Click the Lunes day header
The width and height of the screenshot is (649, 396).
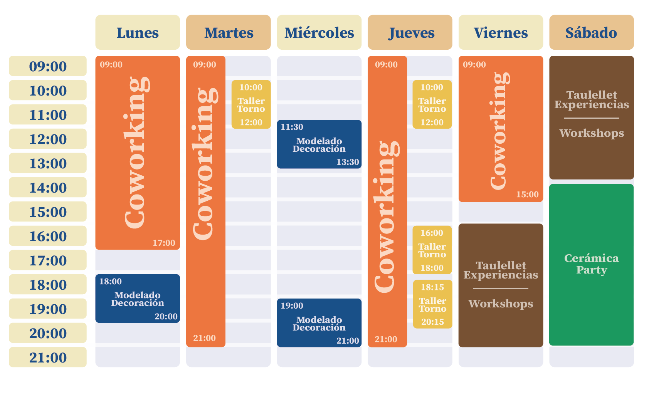137,33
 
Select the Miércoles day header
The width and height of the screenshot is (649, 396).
319,33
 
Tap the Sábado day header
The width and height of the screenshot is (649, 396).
591,33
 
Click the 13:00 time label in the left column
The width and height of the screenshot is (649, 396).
48,163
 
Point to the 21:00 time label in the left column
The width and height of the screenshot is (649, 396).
48,357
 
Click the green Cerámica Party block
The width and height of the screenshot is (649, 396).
591,264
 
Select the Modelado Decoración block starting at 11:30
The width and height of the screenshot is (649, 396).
319,144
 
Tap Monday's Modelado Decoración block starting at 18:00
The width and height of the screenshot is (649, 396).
137,299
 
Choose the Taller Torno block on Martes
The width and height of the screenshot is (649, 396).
251,105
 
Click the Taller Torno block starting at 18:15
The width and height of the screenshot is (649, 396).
432,304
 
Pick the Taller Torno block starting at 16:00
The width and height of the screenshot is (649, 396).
432,250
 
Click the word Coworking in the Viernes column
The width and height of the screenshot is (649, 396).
500,131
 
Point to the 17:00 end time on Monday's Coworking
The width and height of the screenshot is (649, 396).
164,243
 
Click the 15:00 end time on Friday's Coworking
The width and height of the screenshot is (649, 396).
527,195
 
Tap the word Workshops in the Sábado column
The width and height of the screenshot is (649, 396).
591,133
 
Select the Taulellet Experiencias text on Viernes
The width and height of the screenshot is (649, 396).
501,270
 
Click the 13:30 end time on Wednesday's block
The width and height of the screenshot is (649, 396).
348,162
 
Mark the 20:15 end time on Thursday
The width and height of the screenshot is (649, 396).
432,322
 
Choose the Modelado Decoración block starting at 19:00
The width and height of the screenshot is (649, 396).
319,323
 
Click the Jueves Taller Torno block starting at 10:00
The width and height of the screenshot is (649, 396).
432,105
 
